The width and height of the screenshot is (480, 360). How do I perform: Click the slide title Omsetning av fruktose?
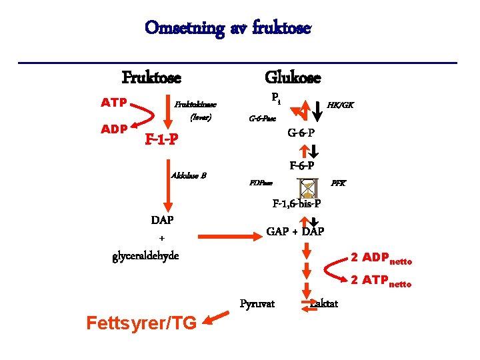point(227,28)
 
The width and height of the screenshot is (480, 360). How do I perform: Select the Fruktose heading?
point(151,77)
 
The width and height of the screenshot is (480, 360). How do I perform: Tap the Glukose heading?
point(293,77)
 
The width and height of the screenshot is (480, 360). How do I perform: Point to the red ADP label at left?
point(113,128)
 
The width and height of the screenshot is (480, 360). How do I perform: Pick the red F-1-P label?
point(161,140)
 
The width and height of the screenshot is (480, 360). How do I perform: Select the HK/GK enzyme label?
point(340,105)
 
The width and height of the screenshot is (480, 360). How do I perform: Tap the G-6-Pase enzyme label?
point(262,119)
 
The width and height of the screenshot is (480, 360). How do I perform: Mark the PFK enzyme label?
point(339,183)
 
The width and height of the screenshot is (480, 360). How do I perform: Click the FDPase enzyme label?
point(261,183)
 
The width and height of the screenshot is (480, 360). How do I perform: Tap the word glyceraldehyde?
point(146,256)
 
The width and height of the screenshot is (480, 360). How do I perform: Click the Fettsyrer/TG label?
point(141,323)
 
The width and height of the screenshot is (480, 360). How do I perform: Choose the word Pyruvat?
point(257,304)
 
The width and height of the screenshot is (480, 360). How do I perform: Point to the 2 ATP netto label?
point(381,280)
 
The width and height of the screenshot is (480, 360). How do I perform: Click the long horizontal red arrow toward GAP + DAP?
point(226,235)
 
